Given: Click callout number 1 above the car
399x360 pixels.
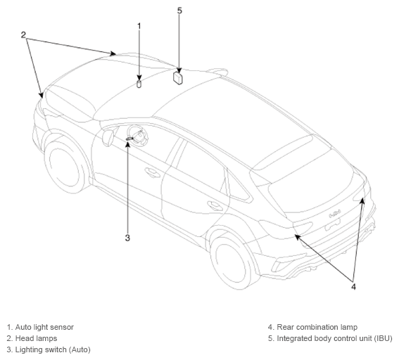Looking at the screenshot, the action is pos(139,26).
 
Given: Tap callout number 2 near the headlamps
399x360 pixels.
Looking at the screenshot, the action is pos(23,35).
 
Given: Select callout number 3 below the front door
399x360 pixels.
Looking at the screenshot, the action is pos(127,238).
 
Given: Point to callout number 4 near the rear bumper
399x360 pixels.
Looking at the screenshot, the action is pos(353,287).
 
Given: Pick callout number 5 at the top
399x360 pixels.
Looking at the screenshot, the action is pos(179,11).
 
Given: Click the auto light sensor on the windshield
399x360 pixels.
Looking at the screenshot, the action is pos(139,84).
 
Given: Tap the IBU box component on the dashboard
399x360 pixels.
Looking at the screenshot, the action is pos(178,78).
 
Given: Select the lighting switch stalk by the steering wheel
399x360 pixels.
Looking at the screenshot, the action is pos(129,139).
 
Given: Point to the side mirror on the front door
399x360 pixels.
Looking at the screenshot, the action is pos(108,138).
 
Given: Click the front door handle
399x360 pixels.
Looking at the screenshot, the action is pos(152,173).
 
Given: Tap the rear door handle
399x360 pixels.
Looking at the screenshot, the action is pos(215,206).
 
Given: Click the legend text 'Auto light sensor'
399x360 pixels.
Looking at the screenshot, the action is pos(44,327).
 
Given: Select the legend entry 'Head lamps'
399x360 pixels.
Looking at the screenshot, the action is pos(36,338).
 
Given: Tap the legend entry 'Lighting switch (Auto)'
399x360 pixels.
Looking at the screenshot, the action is pos(53,349).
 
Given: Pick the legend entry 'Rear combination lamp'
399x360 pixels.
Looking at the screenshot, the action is pos(317,327).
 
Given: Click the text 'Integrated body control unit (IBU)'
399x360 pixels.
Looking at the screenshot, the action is pos(334,338).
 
